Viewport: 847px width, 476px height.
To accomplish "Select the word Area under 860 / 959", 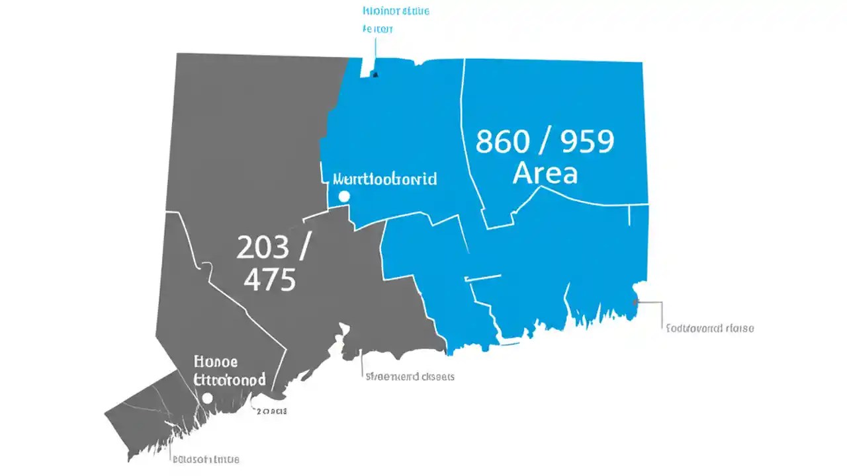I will coord(545,173).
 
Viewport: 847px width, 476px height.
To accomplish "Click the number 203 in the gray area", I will coord(263,248).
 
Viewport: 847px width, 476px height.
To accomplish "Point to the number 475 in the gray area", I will coord(269,281).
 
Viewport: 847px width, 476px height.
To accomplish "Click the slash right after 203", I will coord(304,248).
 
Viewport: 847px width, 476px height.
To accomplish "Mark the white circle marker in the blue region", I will coord(343,196).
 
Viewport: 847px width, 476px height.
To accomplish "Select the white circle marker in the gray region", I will coord(207,398).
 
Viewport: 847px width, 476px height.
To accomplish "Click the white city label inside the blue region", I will coord(384,179).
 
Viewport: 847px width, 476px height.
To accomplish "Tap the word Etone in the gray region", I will coord(216,362).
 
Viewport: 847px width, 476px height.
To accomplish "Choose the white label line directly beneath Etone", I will coord(230,379).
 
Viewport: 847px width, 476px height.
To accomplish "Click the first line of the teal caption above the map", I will coord(396,11).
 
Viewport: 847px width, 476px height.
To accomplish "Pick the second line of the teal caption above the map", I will coord(378,29).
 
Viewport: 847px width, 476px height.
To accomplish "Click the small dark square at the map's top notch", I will coord(375,74).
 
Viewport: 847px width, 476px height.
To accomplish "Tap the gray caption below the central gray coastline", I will coord(410,376).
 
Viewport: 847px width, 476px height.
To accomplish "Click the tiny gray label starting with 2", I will coord(271,411).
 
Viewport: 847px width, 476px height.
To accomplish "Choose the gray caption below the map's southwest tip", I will coord(206,459).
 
